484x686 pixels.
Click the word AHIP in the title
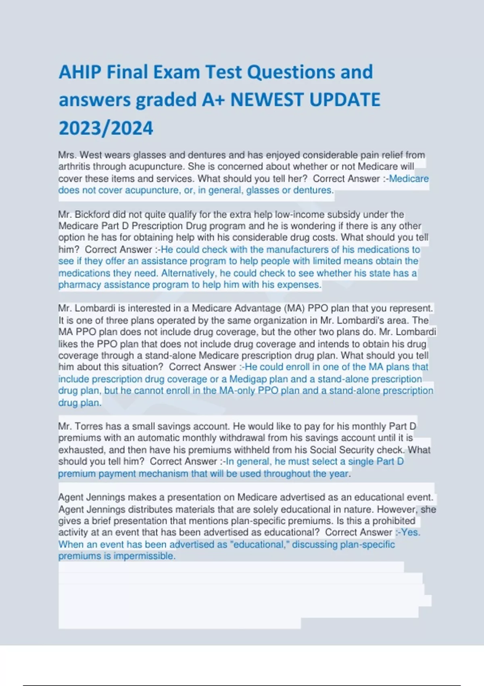[80, 72]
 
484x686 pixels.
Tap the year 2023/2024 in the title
[106, 128]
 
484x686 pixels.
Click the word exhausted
[82, 450]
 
